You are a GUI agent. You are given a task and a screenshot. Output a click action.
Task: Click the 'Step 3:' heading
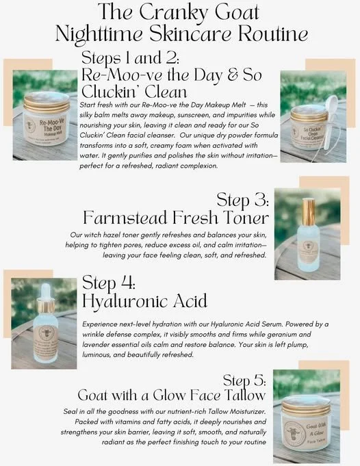tap(242, 200)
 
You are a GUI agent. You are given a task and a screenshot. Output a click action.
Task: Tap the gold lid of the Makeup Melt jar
tap(46, 101)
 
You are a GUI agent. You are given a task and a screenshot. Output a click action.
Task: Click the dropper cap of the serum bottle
tap(47, 288)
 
